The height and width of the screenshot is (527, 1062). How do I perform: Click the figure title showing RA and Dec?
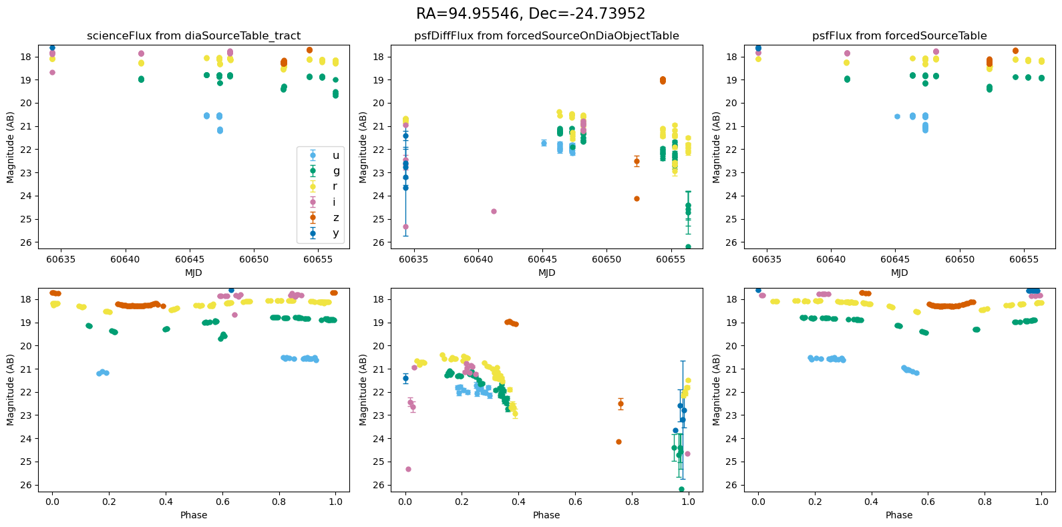click(530, 14)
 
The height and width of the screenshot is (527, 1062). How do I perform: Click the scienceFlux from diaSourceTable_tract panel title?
click(194, 36)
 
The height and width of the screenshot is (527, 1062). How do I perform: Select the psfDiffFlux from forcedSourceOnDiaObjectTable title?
click(546, 36)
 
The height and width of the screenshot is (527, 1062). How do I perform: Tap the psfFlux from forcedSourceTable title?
click(899, 36)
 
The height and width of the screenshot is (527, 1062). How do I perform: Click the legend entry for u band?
click(335, 156)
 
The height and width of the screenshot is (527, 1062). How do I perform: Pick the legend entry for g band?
click(335, 171)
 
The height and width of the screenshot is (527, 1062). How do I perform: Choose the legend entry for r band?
click(335, 186)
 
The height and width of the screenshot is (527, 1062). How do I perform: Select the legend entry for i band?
click(335, 202)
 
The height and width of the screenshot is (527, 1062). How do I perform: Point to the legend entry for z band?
click(335, 218)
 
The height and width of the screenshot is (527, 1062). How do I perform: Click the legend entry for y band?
click(335, 233)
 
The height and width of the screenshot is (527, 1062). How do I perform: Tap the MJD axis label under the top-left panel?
click(194, 273)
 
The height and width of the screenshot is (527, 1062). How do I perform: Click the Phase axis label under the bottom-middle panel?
click(546, 515)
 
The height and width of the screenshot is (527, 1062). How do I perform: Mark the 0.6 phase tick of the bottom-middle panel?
click(575, 502)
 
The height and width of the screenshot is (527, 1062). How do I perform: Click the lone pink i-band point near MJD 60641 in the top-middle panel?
click(494, 211)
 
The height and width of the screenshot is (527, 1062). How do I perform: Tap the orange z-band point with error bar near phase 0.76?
click(621, 403)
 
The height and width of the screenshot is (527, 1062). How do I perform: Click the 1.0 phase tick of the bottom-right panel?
click(1041, 502)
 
